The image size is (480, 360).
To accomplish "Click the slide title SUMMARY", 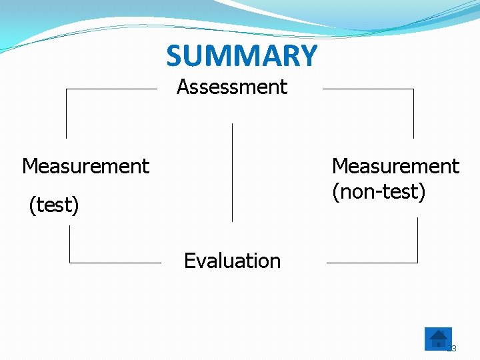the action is (x=241, y=56).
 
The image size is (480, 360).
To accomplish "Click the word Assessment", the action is (x=232, y=87).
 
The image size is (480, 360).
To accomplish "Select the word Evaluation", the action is (x=232, y=261).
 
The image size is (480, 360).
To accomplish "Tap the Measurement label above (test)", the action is (x=85, y=166).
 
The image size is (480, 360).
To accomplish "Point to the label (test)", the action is (x=54, y=205).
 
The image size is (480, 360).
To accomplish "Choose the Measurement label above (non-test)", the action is (x=395, y=166).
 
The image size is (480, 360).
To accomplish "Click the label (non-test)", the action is (x=379, y=192).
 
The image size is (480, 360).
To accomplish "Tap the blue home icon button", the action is (x=438, y=339).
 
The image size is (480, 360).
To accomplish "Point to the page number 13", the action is (x=451, y=348).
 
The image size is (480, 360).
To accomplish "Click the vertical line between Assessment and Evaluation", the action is (x=232, y=172).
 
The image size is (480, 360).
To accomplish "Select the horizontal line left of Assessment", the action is (x=111, y=89).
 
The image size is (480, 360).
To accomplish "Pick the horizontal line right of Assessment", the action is (x=368, y=89).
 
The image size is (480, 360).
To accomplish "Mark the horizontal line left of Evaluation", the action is (x=115, y=263).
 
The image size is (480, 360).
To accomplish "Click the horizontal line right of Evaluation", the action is (x=371, y=263).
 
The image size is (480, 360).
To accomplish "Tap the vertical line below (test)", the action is (x=70, y=243).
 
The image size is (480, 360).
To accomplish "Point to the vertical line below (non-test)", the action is (x=417, y=240).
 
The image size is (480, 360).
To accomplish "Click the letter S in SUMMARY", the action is (x=175, y=57).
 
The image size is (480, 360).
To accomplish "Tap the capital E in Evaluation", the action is (x=189, y=261).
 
